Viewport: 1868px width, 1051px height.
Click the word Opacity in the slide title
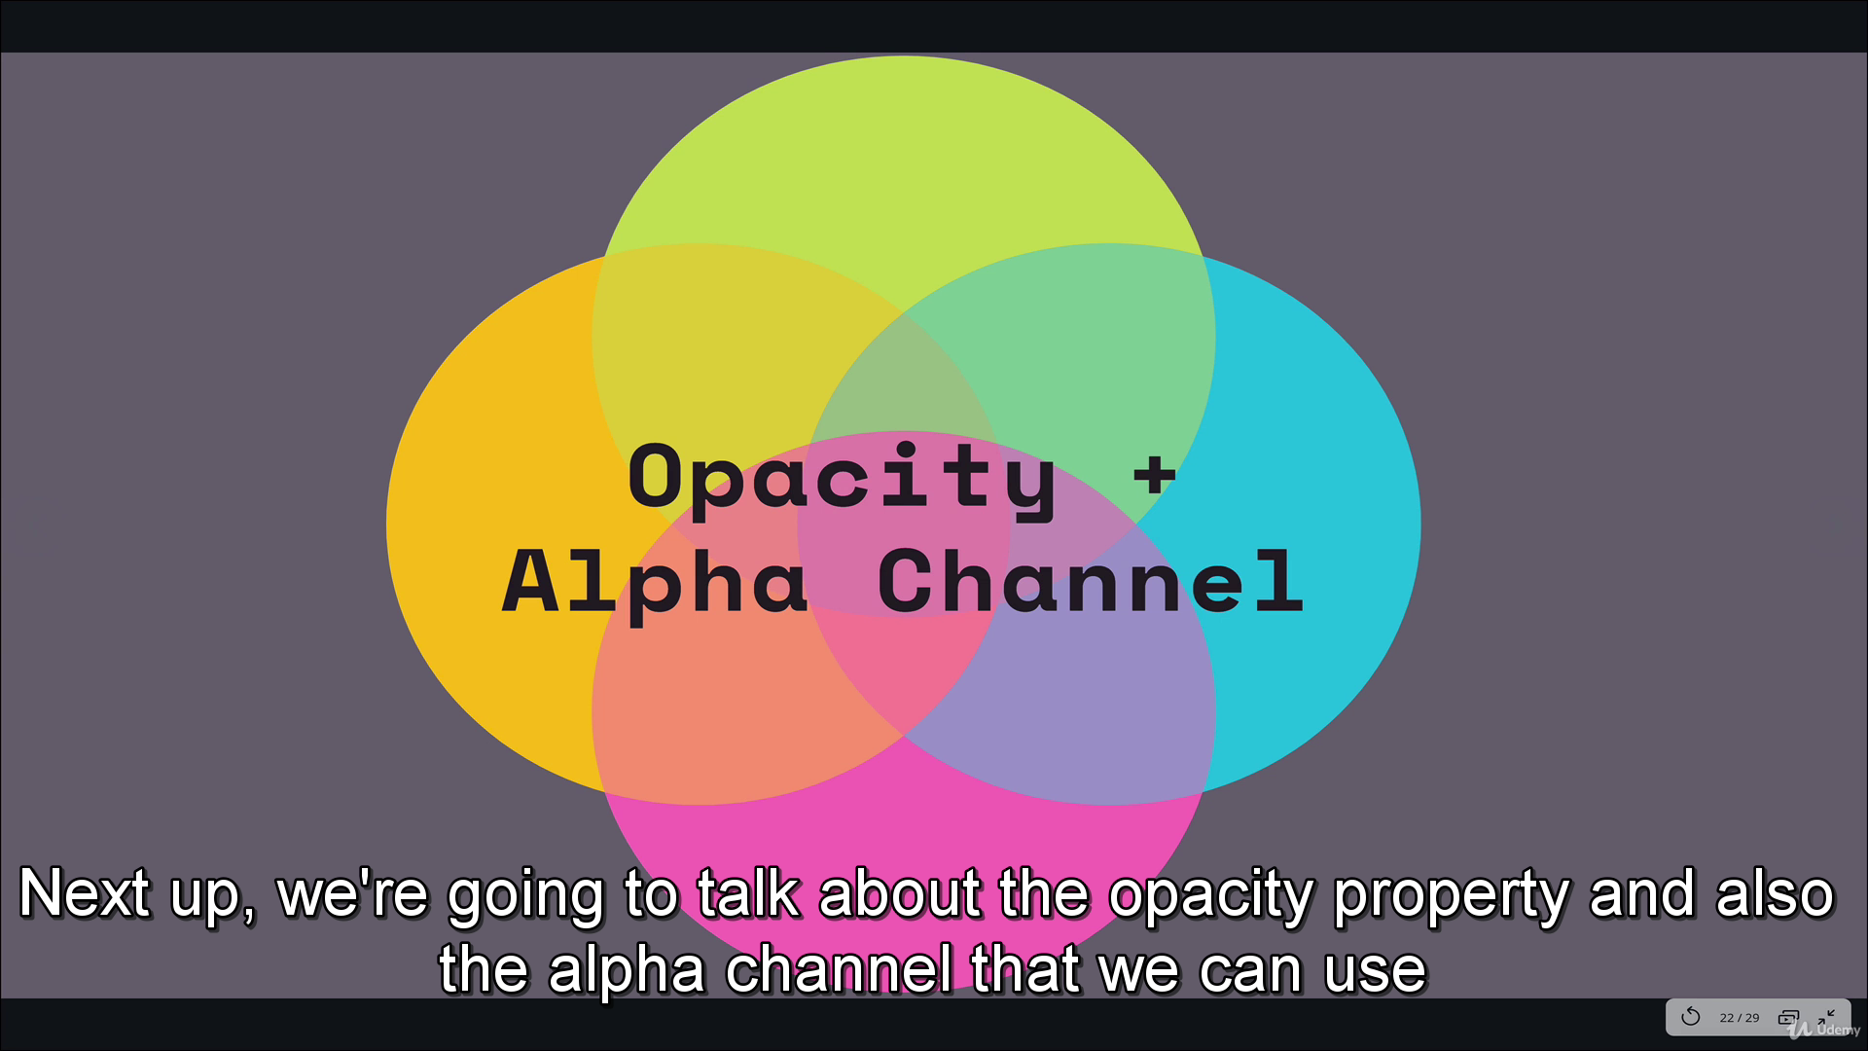coord(843,478)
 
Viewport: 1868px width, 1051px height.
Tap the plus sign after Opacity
coord(1155,476)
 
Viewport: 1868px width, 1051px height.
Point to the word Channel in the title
coord(1090,581)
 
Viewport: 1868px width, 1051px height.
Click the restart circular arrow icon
coord(1691,1017)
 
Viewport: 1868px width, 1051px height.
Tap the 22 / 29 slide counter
coord(1740,1018)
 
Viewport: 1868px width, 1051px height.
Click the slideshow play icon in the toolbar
coord(1788,1018)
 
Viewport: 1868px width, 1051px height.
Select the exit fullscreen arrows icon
coord(1826,1017)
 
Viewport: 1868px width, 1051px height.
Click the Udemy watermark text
coord(1838,1030)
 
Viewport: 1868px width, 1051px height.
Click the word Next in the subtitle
coord(85,893)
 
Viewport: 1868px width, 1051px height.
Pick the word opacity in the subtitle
coord(1211,896)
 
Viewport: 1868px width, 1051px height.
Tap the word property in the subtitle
coord(1451,896)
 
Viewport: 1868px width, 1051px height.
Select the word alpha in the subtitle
coord(628,970)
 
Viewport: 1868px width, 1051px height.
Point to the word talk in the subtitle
coord(748,892)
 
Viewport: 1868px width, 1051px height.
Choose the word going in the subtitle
coord(525,896)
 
